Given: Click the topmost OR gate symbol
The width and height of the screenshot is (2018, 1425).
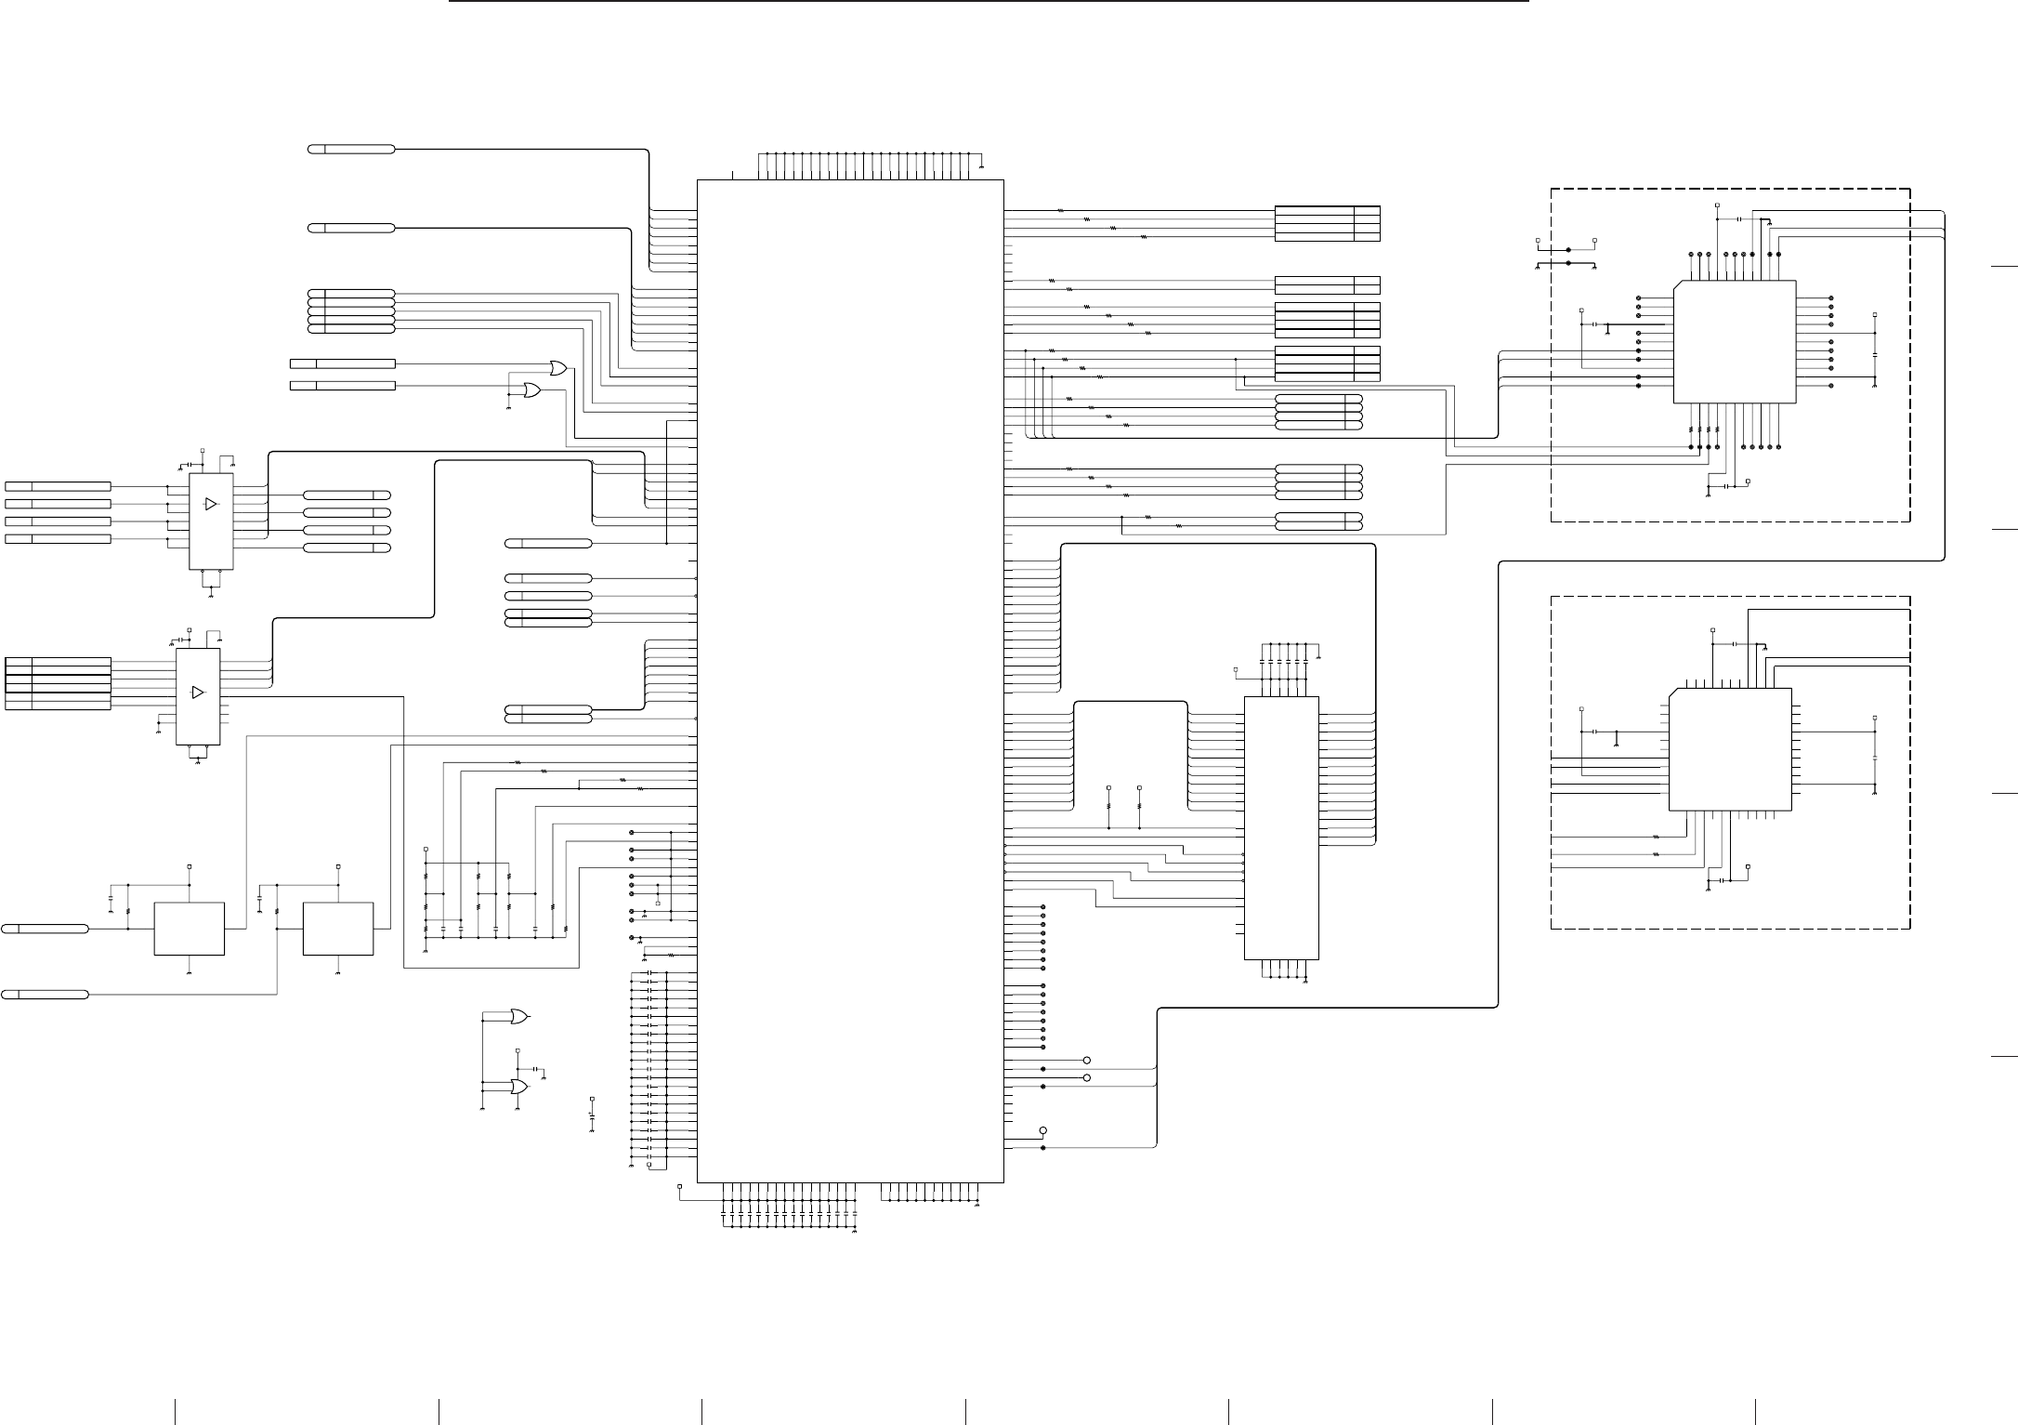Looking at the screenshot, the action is (558, 368).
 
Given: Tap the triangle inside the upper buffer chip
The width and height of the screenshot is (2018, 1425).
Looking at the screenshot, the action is (211, 504).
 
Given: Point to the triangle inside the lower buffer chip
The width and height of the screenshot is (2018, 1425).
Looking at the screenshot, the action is (197, 693).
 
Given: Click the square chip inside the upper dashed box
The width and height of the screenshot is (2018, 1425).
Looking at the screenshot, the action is (1734, 341).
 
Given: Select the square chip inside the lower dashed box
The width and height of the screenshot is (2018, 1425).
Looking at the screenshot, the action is (1730, 749).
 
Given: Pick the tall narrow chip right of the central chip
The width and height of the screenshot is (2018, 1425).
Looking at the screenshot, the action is (1281, 827).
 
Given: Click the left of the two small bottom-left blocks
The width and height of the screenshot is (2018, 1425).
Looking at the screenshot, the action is (189, 928).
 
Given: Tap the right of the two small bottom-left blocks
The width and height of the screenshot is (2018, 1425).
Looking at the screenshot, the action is (338, 928).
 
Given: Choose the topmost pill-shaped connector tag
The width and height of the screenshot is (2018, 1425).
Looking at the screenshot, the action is (351, 149).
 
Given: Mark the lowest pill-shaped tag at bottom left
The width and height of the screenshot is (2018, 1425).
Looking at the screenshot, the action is (45, 995).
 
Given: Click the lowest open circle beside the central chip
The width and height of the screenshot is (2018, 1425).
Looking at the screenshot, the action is (1042, 1130).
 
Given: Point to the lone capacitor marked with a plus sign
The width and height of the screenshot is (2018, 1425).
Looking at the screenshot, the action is (592, 1112).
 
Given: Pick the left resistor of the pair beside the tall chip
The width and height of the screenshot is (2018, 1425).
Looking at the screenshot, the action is (1109, 808).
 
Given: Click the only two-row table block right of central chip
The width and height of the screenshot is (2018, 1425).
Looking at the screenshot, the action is (1327, 285).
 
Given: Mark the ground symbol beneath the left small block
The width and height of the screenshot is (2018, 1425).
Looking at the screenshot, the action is (189, 972).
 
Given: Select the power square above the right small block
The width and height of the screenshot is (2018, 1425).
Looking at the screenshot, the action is (338, 866).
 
